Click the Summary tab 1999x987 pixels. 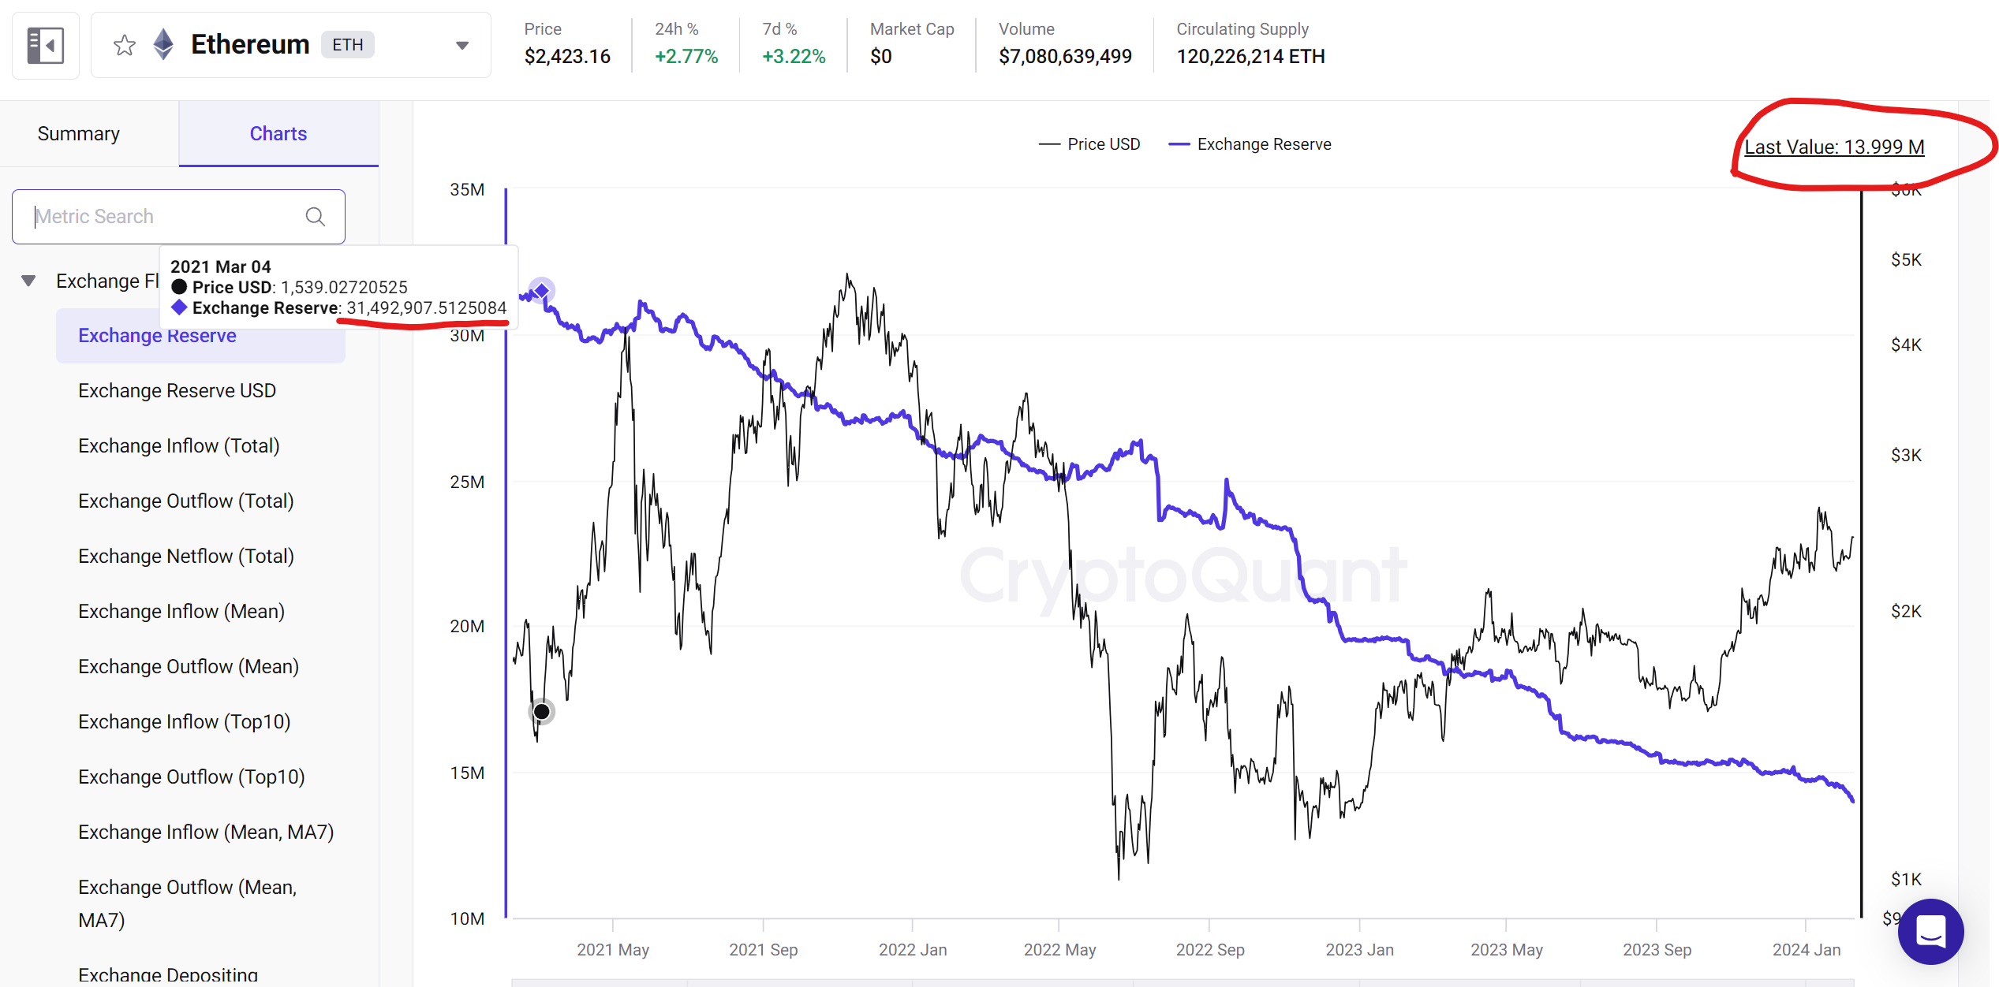79,134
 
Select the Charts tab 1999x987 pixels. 278,134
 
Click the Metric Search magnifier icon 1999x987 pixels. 315,217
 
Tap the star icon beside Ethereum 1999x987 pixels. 125,46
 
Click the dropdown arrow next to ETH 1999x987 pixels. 462,46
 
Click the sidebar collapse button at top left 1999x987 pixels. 45,46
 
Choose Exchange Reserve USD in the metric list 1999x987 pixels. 177,391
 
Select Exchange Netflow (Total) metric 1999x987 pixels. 185,557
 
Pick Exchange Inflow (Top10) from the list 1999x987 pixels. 184,722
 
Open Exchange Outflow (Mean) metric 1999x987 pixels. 188,667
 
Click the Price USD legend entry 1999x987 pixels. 1090,144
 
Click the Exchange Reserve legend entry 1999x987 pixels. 1251,144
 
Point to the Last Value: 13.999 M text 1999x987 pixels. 1834,147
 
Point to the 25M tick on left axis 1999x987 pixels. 467,482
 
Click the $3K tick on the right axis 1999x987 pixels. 1906,456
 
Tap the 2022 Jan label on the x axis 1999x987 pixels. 913,950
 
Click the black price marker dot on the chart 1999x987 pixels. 541,712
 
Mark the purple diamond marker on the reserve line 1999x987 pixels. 542,290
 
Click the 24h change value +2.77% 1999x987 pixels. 686,57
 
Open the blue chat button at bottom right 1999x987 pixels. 1930,933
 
